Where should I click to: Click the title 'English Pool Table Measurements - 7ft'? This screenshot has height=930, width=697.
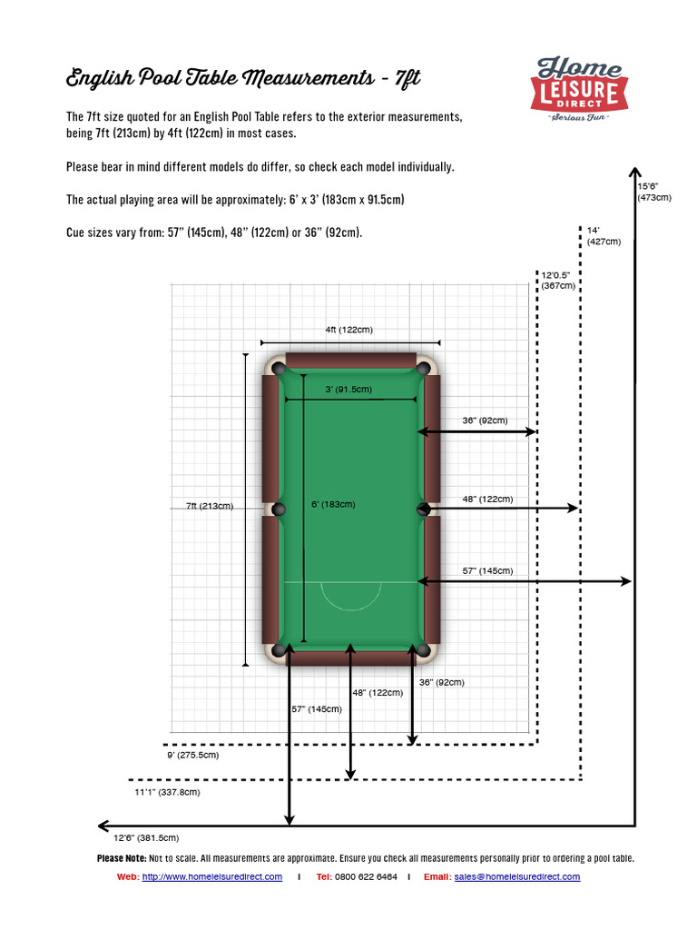[x=243, y=79]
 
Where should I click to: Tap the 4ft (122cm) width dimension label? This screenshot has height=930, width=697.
[x=349, y=330]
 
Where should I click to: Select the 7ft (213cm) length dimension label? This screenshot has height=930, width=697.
[x=210, y=506]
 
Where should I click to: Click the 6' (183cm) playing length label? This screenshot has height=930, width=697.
[x=332, y=504]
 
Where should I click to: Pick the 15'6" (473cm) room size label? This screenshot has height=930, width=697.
[x=653, y=191]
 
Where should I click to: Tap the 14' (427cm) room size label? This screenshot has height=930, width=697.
[x=604, y=236]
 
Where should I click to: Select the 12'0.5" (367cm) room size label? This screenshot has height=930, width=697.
[x=559, y=280]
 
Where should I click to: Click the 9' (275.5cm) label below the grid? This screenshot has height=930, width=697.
[x=191, y=755]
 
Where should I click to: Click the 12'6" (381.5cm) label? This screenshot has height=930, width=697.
[x=146, y=837]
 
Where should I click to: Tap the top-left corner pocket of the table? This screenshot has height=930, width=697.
[x=279, y=369]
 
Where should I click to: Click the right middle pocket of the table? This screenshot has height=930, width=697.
[x=422, y=510]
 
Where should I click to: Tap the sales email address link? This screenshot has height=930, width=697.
[x=517, y=876]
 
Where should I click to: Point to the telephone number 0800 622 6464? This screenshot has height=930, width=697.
[x=366, y=876]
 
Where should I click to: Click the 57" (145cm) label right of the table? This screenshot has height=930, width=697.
[x=487, y=570]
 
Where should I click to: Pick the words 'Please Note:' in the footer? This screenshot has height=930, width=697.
[x=122, y=858]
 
